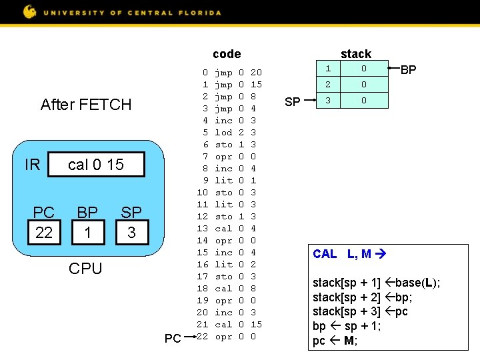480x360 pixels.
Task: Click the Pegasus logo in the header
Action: click(30, 11)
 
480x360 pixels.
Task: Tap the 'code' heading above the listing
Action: click(227, 54)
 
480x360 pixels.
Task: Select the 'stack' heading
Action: click(355, 54)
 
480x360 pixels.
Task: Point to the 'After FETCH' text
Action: click(86, 105)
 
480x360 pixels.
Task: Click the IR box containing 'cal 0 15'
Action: click(96, 165)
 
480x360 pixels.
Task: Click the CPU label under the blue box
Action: click(86, 269)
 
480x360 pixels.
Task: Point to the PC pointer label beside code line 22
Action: click(173, 339)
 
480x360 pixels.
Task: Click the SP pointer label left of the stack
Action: click(293, 101)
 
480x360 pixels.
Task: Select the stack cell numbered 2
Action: click(328, 85)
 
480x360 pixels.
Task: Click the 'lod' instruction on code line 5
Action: click(224, 133)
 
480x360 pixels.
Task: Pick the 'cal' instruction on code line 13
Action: click(224, 229)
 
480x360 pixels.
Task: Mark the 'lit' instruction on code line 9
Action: click(224, 181)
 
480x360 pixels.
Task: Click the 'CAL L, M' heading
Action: click(353, 254)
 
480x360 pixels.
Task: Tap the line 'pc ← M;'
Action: click(335, 341)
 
